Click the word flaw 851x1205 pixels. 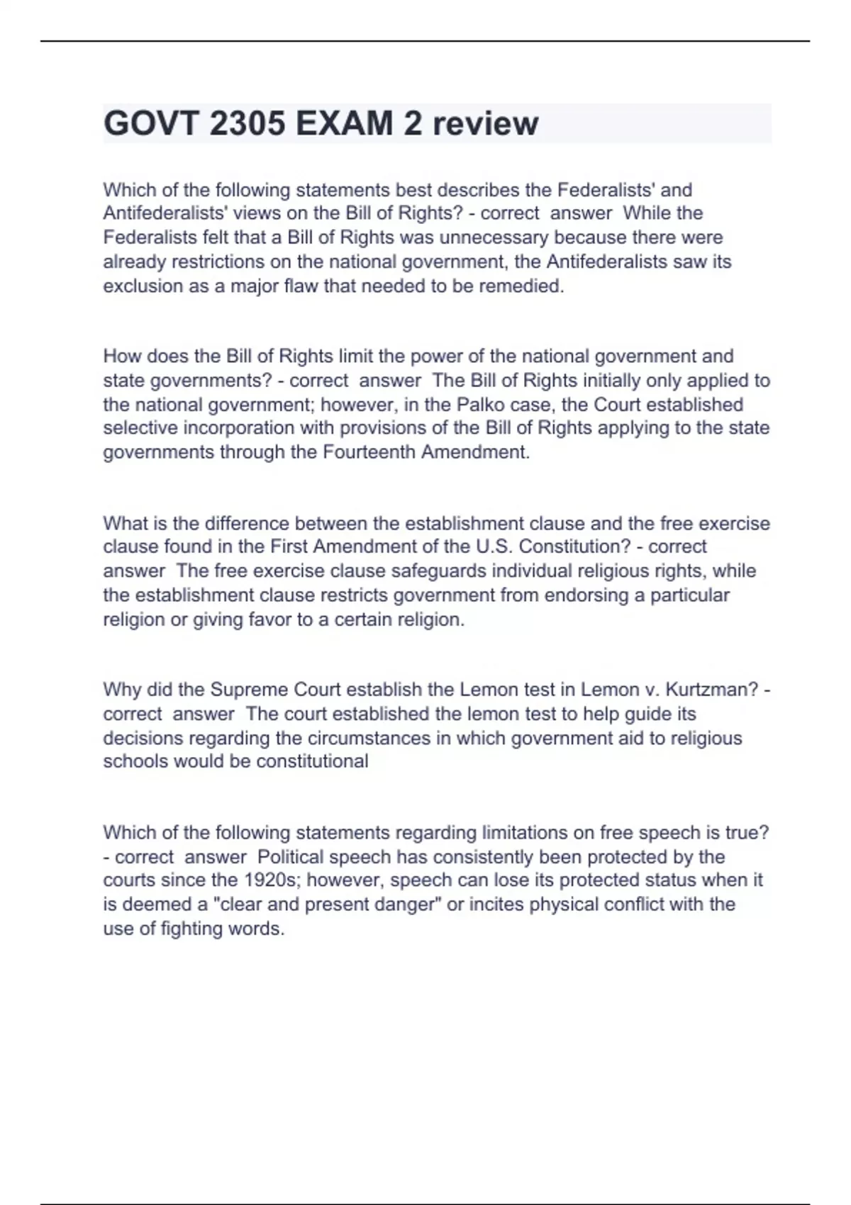[x=301, y=286]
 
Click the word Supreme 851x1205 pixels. [x=249, y=690]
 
